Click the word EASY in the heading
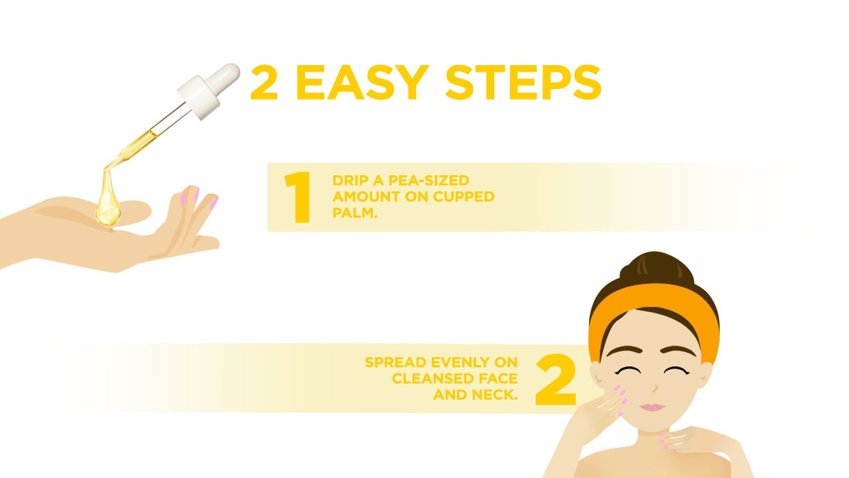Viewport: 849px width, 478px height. pyautogui.click(x=363, y=82)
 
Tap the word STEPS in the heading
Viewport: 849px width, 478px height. pyautogui.click(x=523, y=82)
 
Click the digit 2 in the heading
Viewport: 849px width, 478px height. pyautogui.click(x=264, y=82)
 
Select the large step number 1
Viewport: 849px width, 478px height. pyautogui.click(x=298, y=197)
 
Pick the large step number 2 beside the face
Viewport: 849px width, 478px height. pyautogui.click(x=556, y=379)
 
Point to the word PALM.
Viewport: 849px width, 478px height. pyautogui.click(x=355, y=213)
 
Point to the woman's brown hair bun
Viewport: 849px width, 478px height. pyautogui.click(x=657, y=270)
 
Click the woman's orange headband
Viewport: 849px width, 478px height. pyautogui.click(x=654, y=315)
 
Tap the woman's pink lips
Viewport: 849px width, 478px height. pyautogui.click(x=652, y=407)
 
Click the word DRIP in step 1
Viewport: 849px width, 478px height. pyautogui.click(x=348, y=181)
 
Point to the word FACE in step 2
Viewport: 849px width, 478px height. pyautogui.click(x=498, y=378)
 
